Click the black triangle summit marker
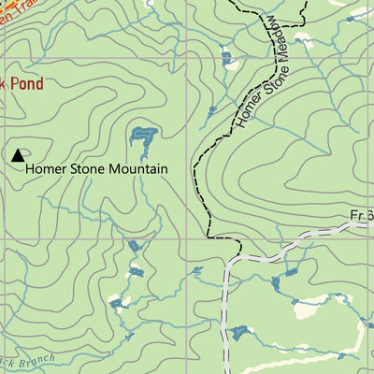18,155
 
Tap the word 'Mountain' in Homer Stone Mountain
139,169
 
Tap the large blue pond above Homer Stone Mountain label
143,141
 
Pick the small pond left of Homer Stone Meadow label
227,60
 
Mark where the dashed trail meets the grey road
240,253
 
